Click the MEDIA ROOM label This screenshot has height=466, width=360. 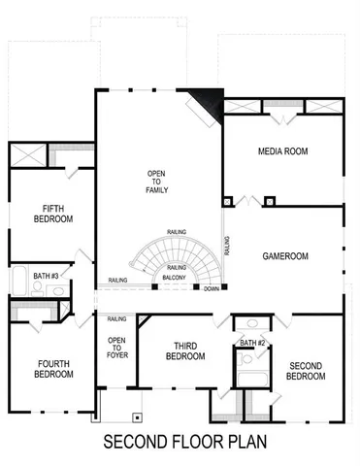pos(282,152)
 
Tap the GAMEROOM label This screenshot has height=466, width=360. pos(285,256)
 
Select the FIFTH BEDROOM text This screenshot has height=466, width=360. pos(51,214)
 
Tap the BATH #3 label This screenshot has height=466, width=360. pos(47,277)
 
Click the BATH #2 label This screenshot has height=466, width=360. pos(253,344)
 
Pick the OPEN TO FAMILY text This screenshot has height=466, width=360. pos(156,182)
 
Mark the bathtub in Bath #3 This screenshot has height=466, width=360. pos(19,283)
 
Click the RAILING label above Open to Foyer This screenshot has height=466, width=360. pos(116,318)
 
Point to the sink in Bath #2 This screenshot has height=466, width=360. pos(251,323)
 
